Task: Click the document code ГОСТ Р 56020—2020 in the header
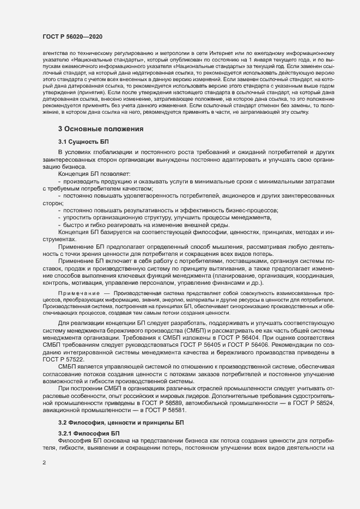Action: [x=72, y=36]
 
